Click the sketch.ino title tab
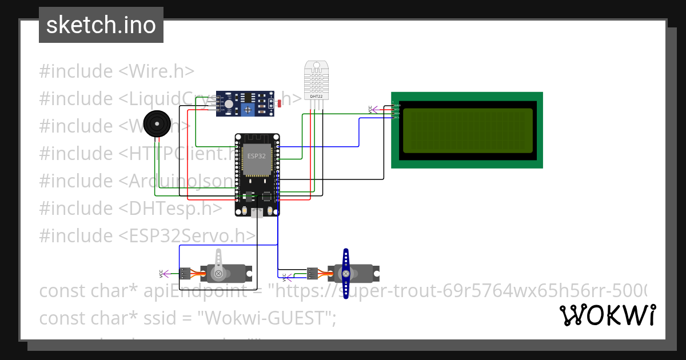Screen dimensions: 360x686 (x=101, y=25)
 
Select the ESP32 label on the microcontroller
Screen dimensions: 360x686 (x=257, y=155)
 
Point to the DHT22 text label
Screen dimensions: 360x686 (x=316, y=96)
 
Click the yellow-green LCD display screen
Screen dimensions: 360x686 (x=467, y=130)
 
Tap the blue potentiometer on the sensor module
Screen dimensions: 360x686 (x=248, y=109)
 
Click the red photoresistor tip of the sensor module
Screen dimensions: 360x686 (x=280, y=103)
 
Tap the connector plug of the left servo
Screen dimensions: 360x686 (x=185, y=273)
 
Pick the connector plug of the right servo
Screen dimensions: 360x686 (x=312, y=273)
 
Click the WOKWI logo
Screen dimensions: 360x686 (x=607, y=315)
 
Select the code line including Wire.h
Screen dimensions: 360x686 (x=117, y=71)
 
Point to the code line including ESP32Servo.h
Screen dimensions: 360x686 (x=147, y=235)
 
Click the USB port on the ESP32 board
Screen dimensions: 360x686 (x=257, y=213)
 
